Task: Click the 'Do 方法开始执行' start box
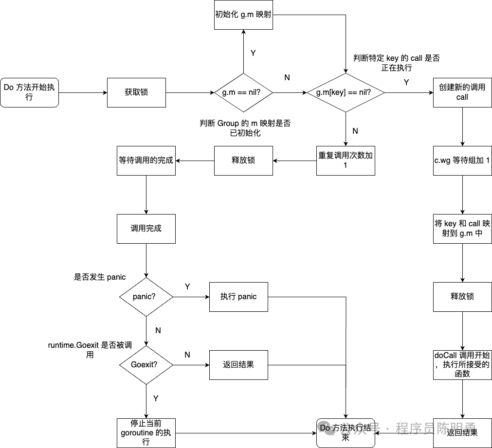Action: coord(29,92)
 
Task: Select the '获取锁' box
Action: coord(136,92)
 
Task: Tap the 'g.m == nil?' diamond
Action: coord(243,92)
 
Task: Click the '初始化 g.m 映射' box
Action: coord(243,15)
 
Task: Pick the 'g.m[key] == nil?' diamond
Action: coord(346,92)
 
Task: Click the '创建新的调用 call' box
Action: coord(462,92)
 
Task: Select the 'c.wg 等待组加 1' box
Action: coord(462,161)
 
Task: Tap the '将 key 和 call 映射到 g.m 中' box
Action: coord(462,229)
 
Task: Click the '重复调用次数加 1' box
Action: coord(346,161)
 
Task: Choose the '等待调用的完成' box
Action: coord(146,161)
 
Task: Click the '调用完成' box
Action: coord(146,229)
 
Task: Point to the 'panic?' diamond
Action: coord(146,297)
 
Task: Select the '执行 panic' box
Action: coord(238,297)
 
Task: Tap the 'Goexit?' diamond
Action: coord(146,365)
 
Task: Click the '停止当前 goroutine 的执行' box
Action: coord(146,432)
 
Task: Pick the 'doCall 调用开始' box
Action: coord(462,365)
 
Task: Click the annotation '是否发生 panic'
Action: coord(100,277)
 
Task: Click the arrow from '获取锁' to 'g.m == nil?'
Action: coord(190,92)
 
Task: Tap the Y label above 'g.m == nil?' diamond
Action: coord(253,53)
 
